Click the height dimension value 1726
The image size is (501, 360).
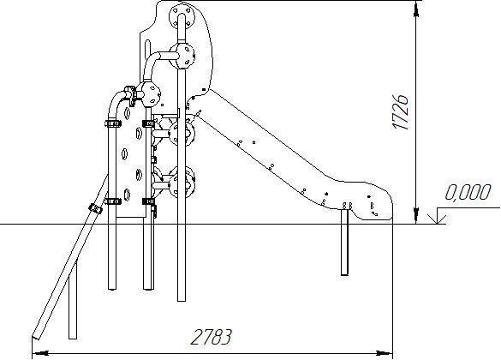(x=401, y=111)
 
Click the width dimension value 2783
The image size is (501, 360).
(x=211, y=337)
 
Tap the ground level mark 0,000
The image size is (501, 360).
(x=467, y=193)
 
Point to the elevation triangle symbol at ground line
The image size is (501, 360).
(x=437, y=219)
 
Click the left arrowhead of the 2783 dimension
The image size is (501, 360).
(x=40, y=353)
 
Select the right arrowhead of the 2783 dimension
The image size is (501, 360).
(x=385, y=353)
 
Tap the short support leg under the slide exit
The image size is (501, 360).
(x=344, y=242)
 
